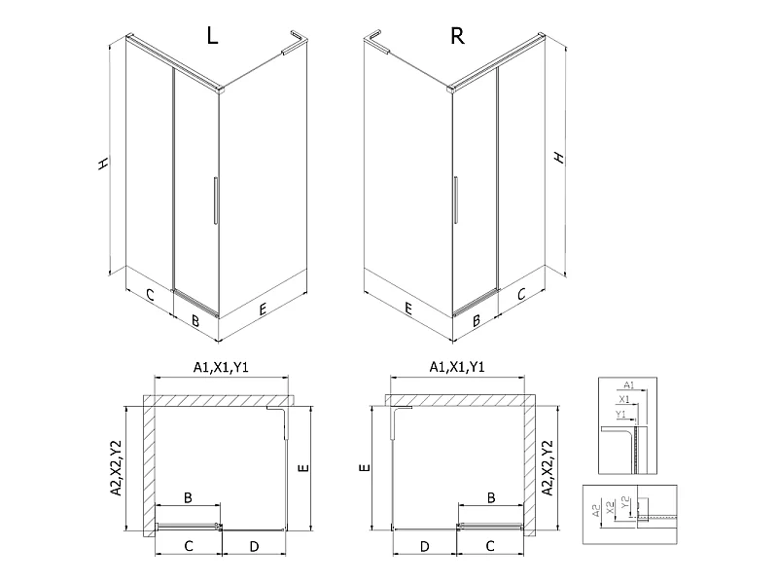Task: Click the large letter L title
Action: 212,35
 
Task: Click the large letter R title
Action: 457,36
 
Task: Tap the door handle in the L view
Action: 215,201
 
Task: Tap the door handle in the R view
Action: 455,201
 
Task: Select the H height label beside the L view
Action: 103,164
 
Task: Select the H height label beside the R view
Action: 559,158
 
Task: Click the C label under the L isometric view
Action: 150,295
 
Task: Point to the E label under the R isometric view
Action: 407,309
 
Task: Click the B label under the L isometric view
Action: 195,321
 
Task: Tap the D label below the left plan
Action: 254,547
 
